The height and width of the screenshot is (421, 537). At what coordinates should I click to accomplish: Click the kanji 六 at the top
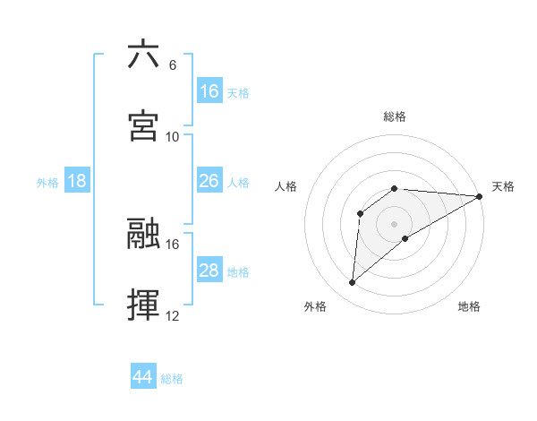tap(143, 56)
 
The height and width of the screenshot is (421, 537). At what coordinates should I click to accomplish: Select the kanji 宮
tap(143, 125)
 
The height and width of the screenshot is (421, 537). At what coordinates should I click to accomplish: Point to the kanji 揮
tap(143, 305)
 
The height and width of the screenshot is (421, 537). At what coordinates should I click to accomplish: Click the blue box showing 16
tap(209, 91)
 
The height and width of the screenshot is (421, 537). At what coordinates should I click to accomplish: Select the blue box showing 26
tap(209, 182)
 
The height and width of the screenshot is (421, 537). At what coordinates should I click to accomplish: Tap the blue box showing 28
tap(209, 271)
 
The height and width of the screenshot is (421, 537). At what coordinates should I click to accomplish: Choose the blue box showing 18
tap(77, 182)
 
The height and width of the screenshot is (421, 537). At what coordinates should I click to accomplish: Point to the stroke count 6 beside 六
tap(173, 65)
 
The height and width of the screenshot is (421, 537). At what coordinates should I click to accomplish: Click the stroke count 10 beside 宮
tap(173, 136)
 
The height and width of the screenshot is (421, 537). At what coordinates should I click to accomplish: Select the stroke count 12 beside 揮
tap(173, 315)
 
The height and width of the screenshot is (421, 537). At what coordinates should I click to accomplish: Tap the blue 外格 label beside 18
tap(47, 183)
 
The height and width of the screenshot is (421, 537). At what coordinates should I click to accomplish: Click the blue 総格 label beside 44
tap(172, 379)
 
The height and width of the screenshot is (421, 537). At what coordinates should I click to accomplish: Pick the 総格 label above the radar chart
tap(395, 116)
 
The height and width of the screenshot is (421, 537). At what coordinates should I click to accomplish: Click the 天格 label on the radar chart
tap(503, 186)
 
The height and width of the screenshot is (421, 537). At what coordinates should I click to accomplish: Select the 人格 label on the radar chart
tap(286, 186)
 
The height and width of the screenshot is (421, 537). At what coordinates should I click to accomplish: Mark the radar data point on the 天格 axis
tap(481, 196)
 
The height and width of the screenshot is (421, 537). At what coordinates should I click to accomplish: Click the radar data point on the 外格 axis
tap(353, 283)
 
